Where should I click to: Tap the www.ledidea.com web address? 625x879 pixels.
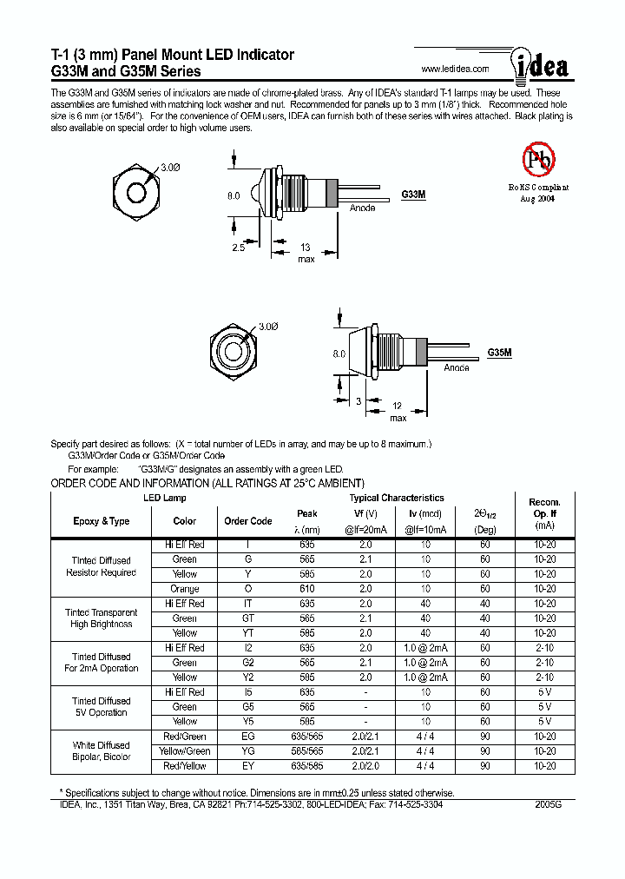[455, 69]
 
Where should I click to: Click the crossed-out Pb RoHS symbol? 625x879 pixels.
[538, 159]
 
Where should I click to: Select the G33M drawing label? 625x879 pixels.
[413, 195]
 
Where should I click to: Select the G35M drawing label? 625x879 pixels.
[499, 354]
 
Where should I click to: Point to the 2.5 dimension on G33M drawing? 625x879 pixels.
[239, 248]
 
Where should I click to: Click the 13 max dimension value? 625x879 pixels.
[306, 248]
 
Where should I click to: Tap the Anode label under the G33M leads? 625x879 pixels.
[362, 208]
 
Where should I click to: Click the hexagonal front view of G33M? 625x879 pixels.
[137, 190]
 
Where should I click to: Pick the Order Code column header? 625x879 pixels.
[248, 521]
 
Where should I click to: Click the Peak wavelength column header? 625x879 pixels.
[307, 513]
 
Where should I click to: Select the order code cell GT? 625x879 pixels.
[248, 618]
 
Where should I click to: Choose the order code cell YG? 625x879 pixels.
[248, 751]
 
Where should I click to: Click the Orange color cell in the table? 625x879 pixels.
[185, 589]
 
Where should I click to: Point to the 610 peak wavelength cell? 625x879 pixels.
[307, 589]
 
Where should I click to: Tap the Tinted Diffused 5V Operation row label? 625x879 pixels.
[102, 707]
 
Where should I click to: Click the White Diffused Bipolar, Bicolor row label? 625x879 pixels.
[102, 751]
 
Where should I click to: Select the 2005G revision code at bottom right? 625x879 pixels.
[549, 805]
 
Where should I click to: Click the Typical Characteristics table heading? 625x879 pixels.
[397, 498]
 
